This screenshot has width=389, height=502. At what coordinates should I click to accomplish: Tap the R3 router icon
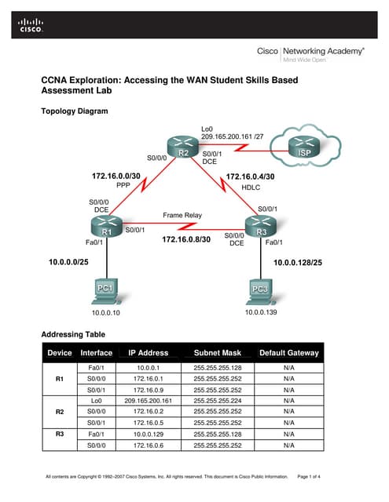tap(262, 227)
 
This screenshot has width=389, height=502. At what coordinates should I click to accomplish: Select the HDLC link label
tap(251, 188)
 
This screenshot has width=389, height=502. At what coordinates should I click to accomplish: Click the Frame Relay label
tap(182, 214)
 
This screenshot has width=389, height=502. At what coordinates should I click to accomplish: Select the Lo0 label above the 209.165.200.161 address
tap(207, 127)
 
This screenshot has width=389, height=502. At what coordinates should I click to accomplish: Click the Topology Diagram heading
tap(74, 111)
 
